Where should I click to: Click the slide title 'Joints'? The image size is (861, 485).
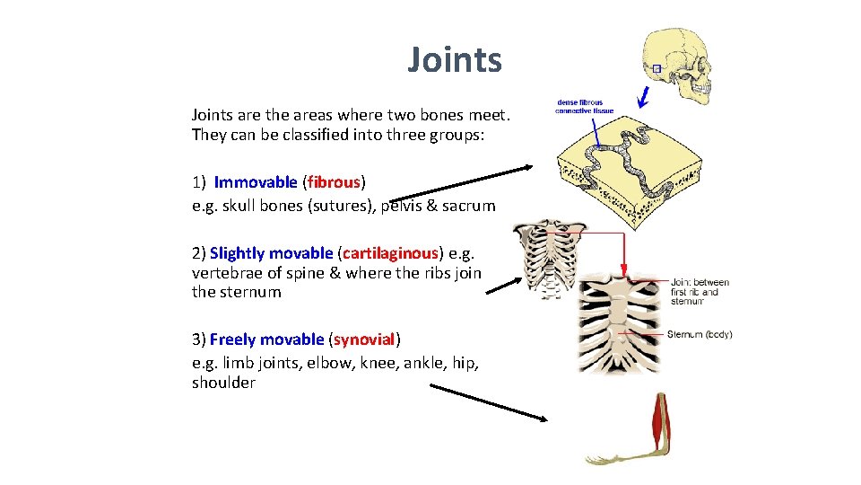tap(455, 60)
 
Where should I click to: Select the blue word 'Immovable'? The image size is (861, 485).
tap(255, 182)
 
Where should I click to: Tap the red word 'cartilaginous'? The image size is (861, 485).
tap(391, 253)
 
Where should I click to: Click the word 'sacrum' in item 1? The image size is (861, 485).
tap(468, 206)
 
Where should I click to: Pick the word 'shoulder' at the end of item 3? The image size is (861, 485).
tap(223, 383)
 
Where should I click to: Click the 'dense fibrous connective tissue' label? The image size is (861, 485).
tap(579, 106)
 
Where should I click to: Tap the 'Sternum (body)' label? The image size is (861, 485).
tap(700, 335)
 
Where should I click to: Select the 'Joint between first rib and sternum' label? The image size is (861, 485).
tap(700, 291)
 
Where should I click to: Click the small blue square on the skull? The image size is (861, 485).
tap(657, 69)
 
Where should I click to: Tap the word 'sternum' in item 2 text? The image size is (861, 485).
tap(236, 292)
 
